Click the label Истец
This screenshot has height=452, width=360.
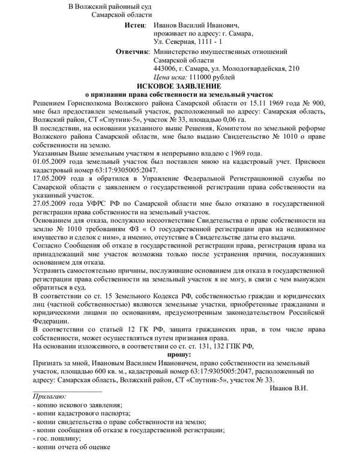tap(135, 26)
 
